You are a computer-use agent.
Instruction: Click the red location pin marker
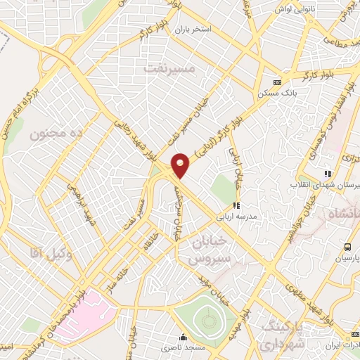[181, 165]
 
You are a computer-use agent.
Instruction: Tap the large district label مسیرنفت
[168, 69]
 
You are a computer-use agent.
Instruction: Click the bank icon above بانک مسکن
[278, 81]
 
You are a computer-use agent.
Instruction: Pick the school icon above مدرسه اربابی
[236, 205]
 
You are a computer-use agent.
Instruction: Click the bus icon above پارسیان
[347, 247]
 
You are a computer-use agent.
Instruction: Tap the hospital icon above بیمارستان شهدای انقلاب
[327, 174]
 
